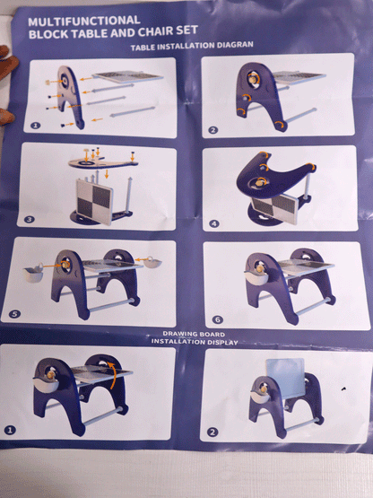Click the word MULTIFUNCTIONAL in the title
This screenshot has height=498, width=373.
click(83, 21)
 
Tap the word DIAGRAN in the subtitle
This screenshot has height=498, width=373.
click(235, 45)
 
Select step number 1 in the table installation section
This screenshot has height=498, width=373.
click(36, 126)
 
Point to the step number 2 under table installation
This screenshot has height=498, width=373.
click(213, 129)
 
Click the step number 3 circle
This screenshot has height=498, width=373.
click(30, 219)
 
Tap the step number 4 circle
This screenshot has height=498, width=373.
click(214, 223)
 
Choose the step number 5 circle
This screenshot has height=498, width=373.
click(14, 314)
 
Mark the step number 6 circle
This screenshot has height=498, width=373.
click(218, 319)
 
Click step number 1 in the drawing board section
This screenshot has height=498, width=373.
click(10, 431)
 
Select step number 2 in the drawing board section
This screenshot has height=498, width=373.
click(213, 432)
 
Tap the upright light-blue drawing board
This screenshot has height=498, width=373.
click(285, 377)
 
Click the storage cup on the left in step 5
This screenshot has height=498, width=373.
click(33, 273)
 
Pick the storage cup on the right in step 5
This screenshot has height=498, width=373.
click(152, 262)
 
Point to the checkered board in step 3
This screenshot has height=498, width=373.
click(94, 201)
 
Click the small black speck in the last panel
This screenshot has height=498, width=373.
click(343, 389)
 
